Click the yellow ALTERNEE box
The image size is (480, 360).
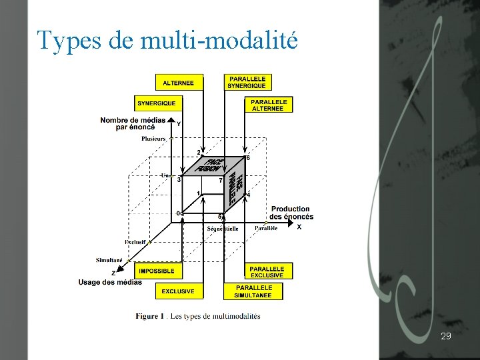click(179, 83)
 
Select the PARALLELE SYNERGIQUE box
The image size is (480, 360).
click(247, 83)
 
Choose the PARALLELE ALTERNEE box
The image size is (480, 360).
click(269, 105)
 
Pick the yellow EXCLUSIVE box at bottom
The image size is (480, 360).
click(179, 291)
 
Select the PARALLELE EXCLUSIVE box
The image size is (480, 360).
click(267, 272)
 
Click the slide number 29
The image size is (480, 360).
click(446, 337)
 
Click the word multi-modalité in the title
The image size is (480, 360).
click(219, 41)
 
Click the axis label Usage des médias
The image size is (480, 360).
click(110, 282)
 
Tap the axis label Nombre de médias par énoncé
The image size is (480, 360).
click(133, 123)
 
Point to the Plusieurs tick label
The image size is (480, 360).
click(153, 139)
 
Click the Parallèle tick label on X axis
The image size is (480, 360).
click(265, 228)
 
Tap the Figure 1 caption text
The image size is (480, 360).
click(198, 316)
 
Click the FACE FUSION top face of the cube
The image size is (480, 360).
click(212, 165)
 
